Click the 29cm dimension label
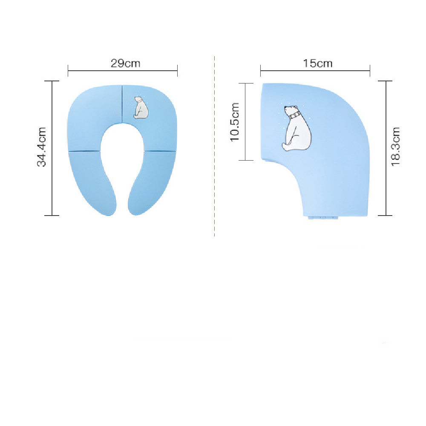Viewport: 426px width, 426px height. coord(125,63)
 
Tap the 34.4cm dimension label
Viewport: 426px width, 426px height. coord(42,147)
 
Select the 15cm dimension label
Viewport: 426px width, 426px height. coord(318,63)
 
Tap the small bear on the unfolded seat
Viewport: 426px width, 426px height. coord(141,107)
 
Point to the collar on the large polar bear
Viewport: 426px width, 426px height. coord(294,115)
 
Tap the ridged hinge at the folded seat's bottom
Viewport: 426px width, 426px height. coord(324,217)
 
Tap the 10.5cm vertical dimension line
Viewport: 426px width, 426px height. coord(246,121)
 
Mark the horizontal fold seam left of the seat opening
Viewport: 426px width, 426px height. coord(84,151)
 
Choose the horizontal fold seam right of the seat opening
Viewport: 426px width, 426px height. coord(160,151)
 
